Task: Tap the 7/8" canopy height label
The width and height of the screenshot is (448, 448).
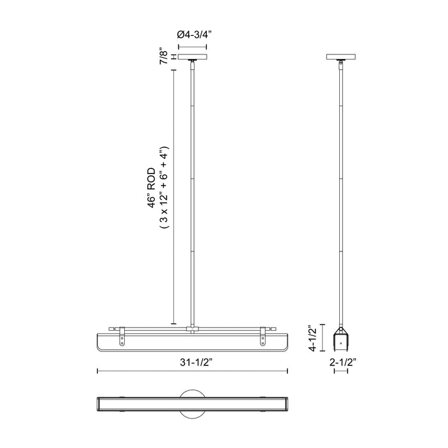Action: point(165,58)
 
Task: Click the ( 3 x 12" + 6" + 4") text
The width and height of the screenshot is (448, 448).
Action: point(165,188)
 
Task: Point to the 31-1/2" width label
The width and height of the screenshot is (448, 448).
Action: point(193,361)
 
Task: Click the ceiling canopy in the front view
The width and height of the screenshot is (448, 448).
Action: point(193,59)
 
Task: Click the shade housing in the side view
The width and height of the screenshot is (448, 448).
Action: point(343,339)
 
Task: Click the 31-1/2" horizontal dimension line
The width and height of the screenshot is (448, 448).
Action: point(192,371)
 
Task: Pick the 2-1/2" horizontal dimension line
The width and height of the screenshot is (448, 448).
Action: point(343,371)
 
